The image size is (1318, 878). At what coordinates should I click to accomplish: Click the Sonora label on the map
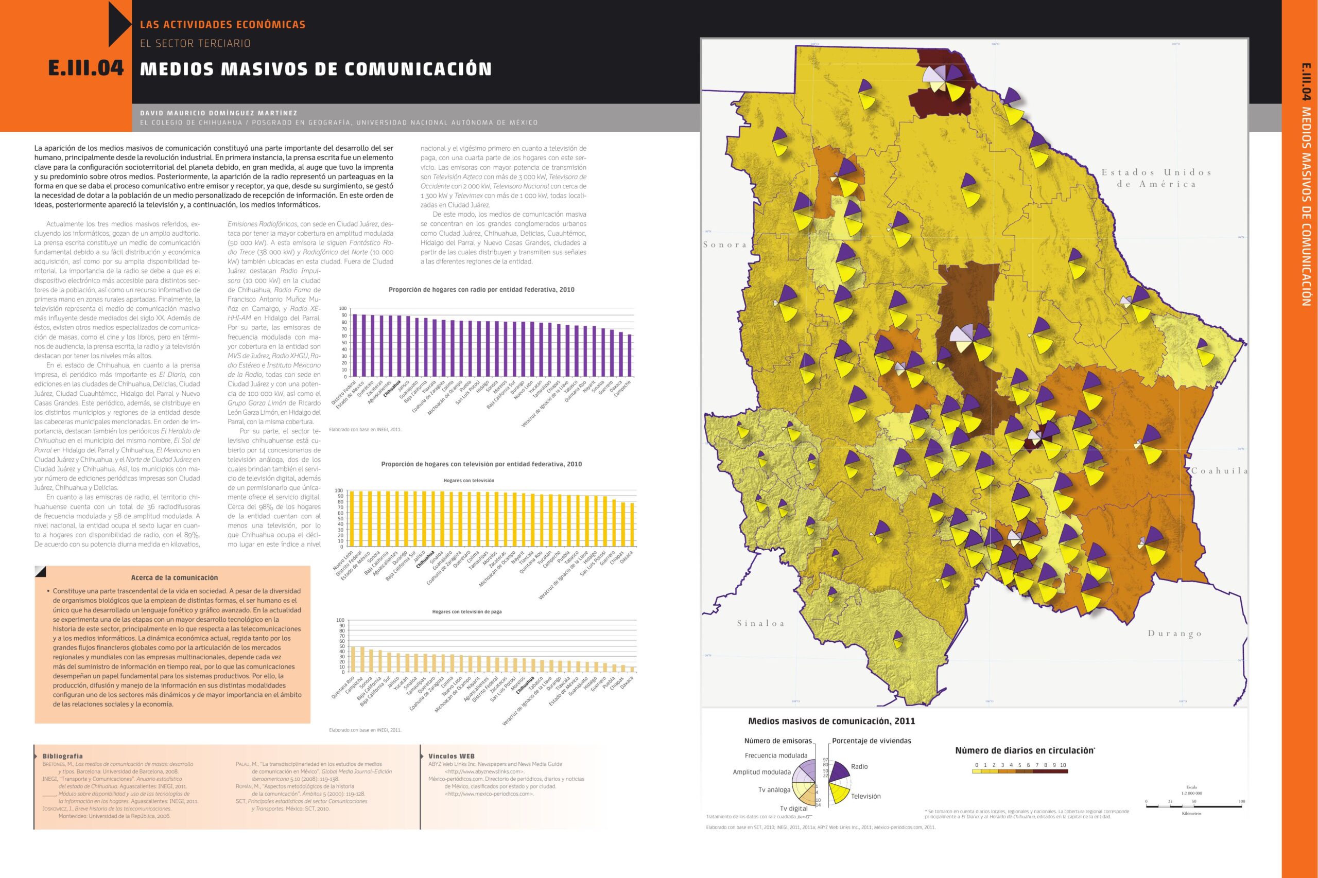point(725,244)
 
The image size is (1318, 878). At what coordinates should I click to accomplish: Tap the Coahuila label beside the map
point(1219,471)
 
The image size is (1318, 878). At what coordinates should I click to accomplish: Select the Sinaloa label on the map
point(760,623)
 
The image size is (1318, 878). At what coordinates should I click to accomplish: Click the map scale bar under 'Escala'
point(1193,807)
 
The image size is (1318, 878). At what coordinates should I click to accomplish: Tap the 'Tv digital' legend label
point(794,809)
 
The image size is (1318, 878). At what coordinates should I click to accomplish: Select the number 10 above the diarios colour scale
point(1063,765)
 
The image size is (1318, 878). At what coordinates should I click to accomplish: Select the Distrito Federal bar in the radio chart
point(355,345)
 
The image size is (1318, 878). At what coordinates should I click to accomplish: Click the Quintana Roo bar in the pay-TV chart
point(353,659)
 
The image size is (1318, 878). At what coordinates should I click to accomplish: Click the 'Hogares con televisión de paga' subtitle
point(466,611)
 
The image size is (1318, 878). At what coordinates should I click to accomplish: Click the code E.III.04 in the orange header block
point(85,68)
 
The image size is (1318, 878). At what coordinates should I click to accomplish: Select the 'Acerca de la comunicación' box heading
point(174,577)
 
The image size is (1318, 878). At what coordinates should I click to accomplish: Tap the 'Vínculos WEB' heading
point(451,756)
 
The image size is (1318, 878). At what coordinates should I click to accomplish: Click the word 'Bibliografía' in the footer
point(63,756)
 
